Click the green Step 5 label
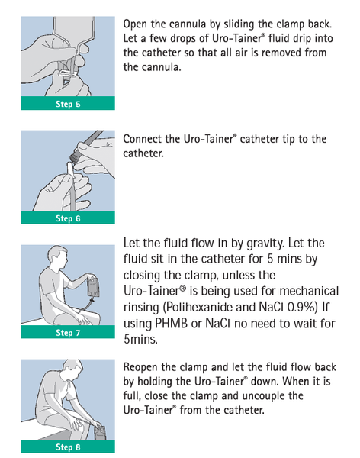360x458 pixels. pos(68,104)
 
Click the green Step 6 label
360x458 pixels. pos(68,218)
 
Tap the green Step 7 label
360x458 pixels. pos(68,333)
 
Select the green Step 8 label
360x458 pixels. pos(68,447)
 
